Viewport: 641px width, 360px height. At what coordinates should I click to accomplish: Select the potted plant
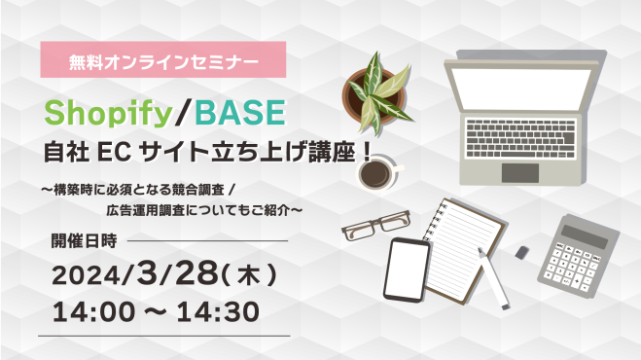[x=375, y=92]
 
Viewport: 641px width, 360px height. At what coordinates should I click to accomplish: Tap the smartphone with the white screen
[x=408, y=269]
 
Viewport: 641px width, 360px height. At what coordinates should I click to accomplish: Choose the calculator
[x=579, y=251]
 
